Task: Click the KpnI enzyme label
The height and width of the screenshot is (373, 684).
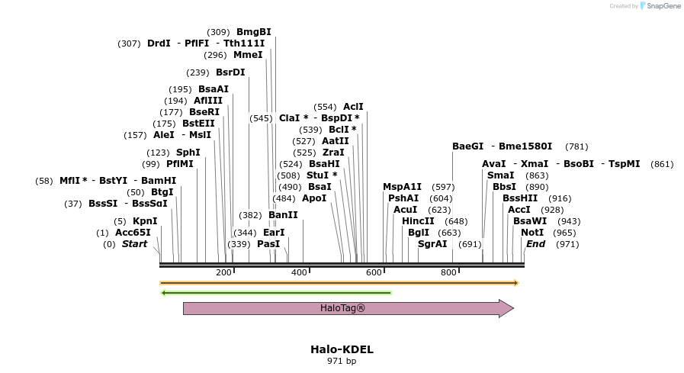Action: tap(145, 221)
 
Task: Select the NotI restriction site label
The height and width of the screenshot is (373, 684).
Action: tap(532, 233)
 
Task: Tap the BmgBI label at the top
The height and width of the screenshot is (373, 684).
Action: tap(253, 32)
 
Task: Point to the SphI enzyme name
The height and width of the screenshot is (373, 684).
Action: tap(188, 153)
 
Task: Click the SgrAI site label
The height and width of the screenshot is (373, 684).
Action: tap(432, 244)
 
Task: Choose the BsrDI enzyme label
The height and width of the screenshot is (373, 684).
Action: tap(230, 72)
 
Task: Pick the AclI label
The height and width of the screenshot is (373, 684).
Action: tap(353, 107)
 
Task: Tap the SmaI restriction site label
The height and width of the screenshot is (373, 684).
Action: tap(499, 175)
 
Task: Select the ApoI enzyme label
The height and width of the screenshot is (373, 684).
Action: tap(314, 198)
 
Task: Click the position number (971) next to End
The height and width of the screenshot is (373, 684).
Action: tap(567, 244)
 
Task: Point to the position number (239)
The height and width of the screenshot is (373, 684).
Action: tap(197, 72)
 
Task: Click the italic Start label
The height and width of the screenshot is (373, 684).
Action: tap(134, 244)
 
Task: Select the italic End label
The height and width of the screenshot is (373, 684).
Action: tap(535, 244)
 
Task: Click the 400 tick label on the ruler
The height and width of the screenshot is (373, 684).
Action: tap(298, 272)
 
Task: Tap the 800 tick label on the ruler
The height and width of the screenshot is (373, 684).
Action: tap(448, 272)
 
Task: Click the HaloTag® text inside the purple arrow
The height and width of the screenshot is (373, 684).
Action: tap(342, 308)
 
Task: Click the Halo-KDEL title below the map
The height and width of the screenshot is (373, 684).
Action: tap(342, 349)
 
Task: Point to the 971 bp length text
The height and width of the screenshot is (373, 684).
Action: tap(342, 361)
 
